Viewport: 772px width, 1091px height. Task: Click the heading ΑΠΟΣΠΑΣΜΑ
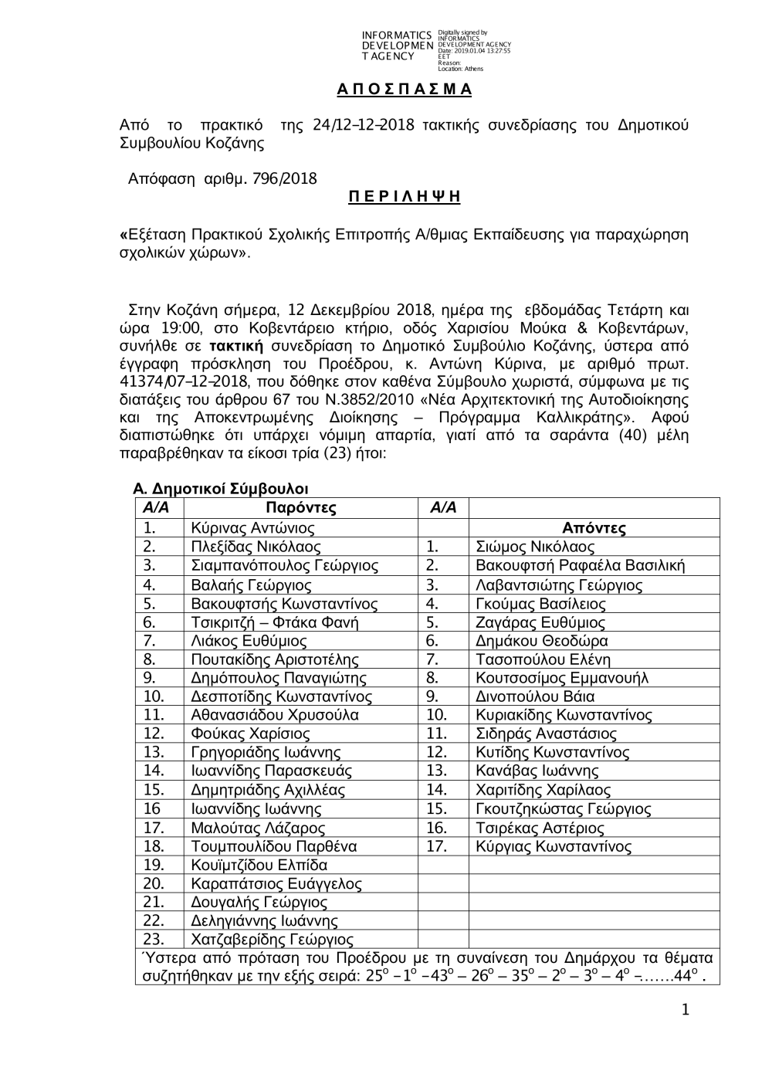[404, 89]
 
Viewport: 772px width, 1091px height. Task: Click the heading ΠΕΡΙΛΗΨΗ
[404, 197]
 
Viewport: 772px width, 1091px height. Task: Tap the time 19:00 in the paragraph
[182, 327]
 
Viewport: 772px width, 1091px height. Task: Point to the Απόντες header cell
[594, 528]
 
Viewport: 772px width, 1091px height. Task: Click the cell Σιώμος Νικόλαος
[535, 547]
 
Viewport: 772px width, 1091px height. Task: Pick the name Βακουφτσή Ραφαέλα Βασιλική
[580, 566]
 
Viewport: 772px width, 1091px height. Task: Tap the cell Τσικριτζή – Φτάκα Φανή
[274, 622]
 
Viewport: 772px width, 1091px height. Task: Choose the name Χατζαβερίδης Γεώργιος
[272, 940]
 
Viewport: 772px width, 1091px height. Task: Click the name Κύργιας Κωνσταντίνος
[554, 846]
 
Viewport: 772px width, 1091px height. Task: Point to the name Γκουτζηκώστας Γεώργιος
[563, 809]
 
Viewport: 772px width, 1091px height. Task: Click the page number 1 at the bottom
[685, 1011]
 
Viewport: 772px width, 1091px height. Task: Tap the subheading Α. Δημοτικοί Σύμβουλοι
[221, 489]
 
